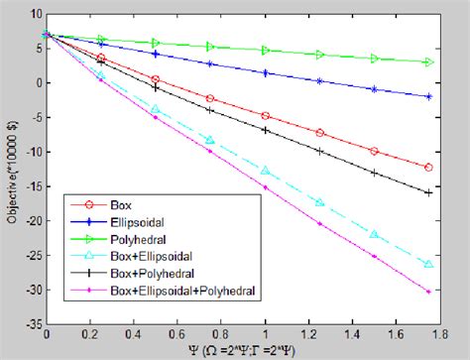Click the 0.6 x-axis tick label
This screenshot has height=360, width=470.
pos(178,335)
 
